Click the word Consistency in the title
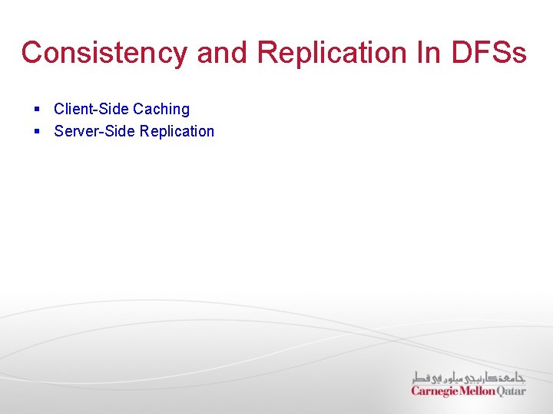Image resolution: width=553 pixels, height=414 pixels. (x=104, y=53)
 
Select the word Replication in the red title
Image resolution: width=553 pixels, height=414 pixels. (x=332, y=53)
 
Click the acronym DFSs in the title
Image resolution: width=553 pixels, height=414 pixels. (x=488, y=53)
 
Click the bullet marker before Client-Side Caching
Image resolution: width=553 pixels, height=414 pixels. (x=37, y=110)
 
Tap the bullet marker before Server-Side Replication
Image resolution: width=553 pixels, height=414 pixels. (x=37, y=132)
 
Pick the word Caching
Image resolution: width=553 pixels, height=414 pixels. (x=161, y=110)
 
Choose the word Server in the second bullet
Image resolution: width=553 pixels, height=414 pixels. (x=75, y=131)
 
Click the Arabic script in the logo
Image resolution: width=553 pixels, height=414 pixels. (x=469, y=376)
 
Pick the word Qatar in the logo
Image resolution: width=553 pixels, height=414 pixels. (x=512, y=391)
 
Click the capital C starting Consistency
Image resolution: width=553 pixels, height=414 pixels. (x=32, y=53)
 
